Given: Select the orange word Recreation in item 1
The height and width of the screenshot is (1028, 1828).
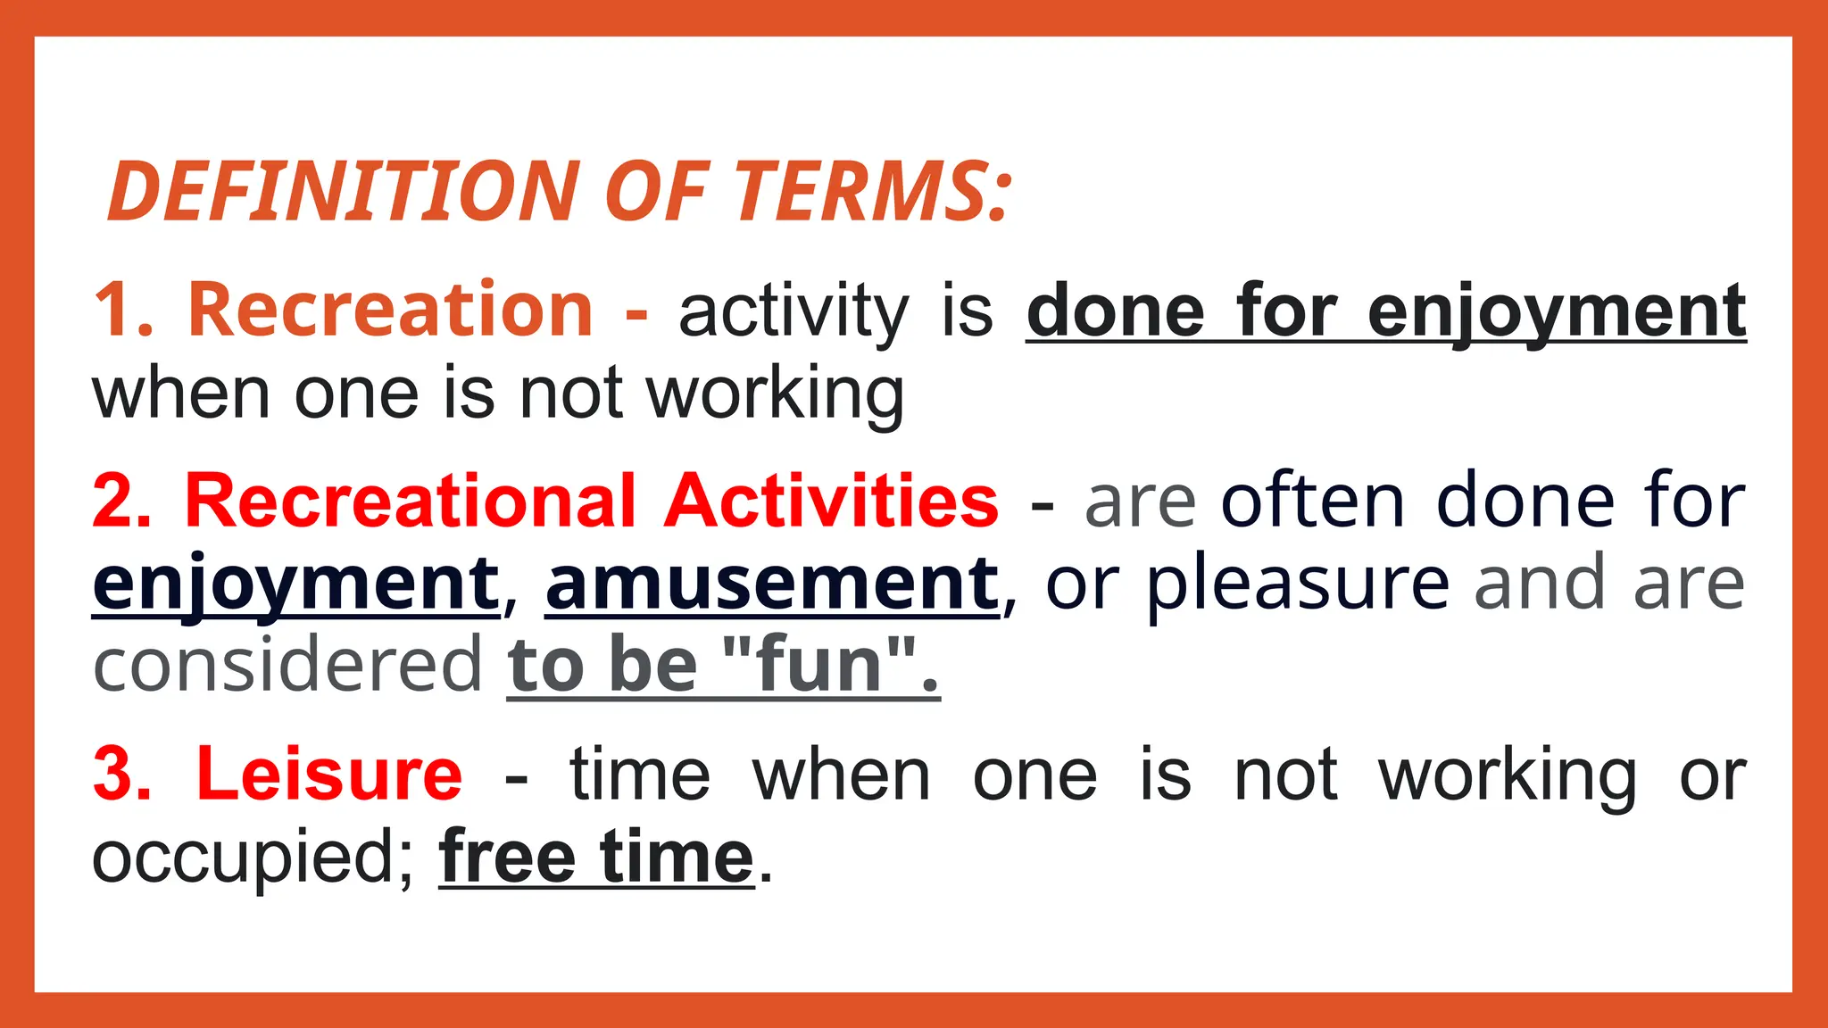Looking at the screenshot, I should (390, 310).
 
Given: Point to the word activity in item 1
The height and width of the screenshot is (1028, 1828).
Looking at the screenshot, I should (793, 312).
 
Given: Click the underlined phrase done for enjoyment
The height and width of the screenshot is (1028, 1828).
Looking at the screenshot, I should (1385, 312).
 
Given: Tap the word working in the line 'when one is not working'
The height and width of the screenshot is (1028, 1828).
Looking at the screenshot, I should (775, 394).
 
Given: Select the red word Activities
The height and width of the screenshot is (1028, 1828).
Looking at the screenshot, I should (831, 502).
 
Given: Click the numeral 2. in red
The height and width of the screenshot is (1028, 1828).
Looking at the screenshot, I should (122, 502).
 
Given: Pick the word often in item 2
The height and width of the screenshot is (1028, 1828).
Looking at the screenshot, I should (1313, 502).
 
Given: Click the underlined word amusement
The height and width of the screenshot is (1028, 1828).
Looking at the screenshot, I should (772, 584).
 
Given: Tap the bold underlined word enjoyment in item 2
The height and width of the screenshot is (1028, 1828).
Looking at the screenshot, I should (296, 584).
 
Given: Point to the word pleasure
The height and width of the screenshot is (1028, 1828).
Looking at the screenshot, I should (1298, 584).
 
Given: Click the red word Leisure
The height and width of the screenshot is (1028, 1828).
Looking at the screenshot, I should (329, 774).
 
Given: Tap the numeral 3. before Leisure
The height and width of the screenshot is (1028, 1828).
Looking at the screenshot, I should (122, 774).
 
